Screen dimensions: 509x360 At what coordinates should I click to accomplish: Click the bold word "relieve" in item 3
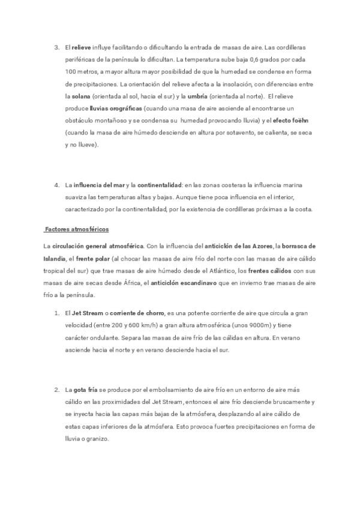pos(82,47)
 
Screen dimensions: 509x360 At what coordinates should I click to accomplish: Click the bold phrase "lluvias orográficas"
pos(116,108)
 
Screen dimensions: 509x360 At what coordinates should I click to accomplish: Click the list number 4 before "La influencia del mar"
pos(56,185)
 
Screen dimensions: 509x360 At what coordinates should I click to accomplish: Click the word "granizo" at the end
pos(95,439)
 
